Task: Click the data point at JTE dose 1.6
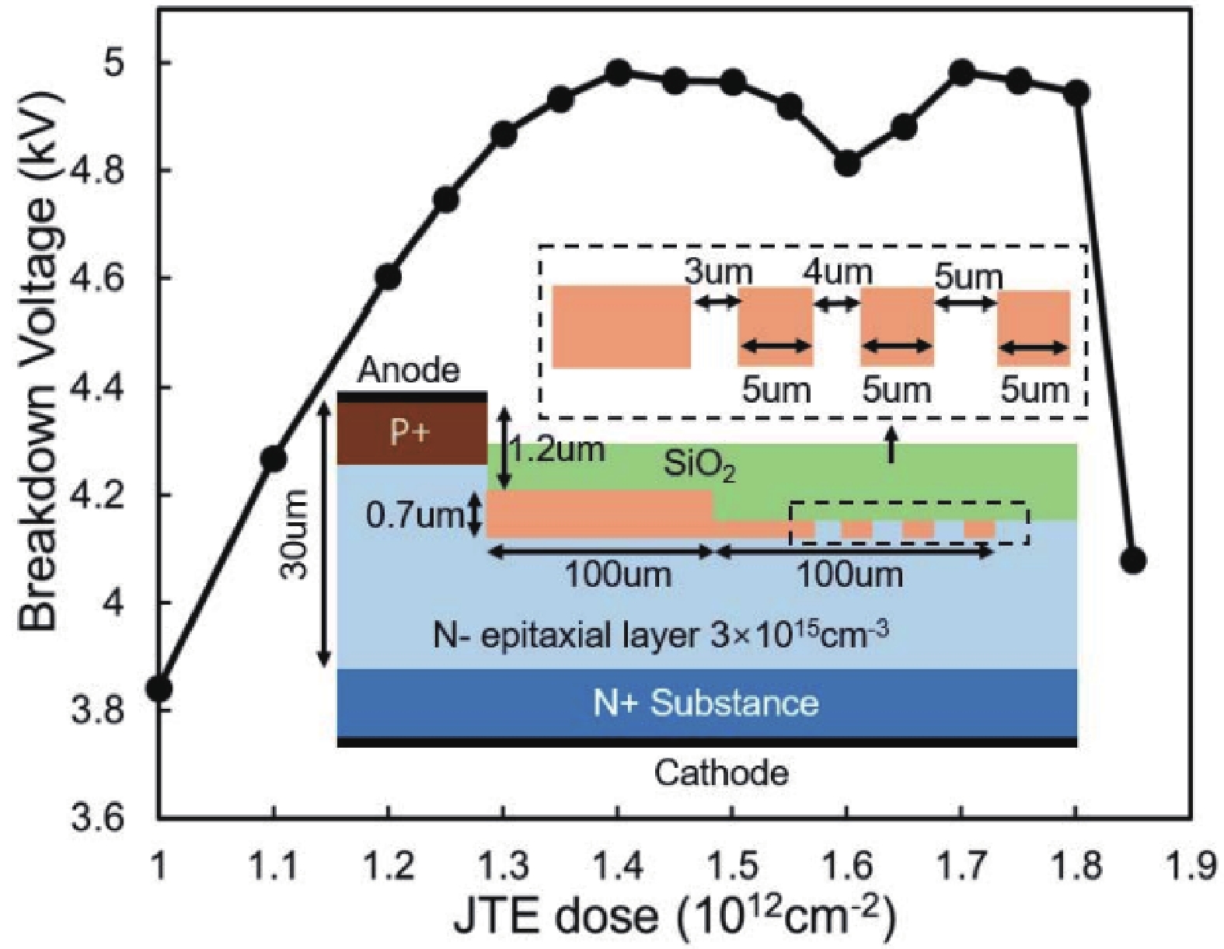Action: tap(847, 163)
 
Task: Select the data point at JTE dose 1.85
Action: tap(1133, 560)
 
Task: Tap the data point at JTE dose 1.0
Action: tap(159, 688)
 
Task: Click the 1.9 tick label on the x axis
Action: tap(1189, 864)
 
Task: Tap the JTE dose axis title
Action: tap(675, 916)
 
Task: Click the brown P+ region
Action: tap(410, 432)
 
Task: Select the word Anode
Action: tap(409, 371)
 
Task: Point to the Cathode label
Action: tap(721, 773)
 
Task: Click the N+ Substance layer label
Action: tap(706, 703)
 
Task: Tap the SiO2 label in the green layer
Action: tap(699, 466)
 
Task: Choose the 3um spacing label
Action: tap(718, 272)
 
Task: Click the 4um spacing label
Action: tap(838, 272)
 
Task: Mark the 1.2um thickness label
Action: tap(558, 449)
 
